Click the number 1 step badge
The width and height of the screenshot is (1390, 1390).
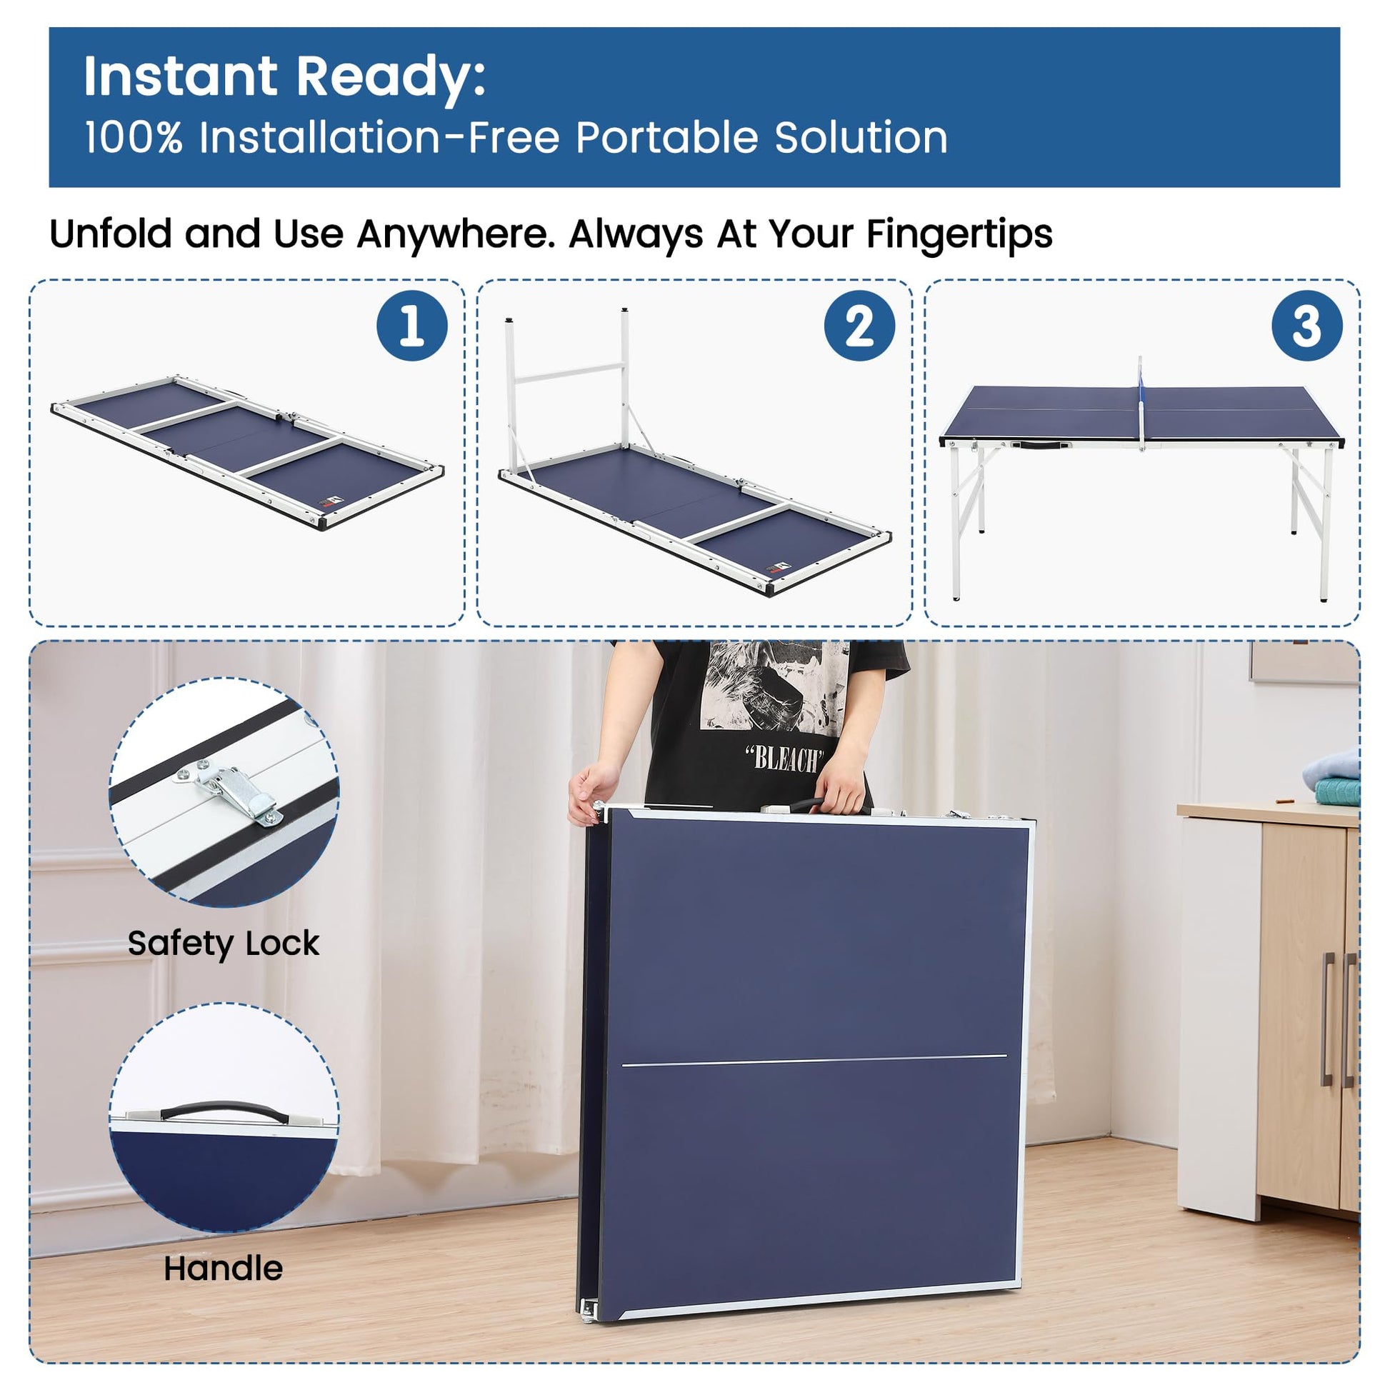point(412,326)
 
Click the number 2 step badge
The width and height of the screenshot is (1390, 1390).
point(860,326)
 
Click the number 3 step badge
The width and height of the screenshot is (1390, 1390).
point(1307,326)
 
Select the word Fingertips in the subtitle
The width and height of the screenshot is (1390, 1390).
point(959,234)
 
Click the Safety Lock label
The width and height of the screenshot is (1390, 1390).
point(223,943)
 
